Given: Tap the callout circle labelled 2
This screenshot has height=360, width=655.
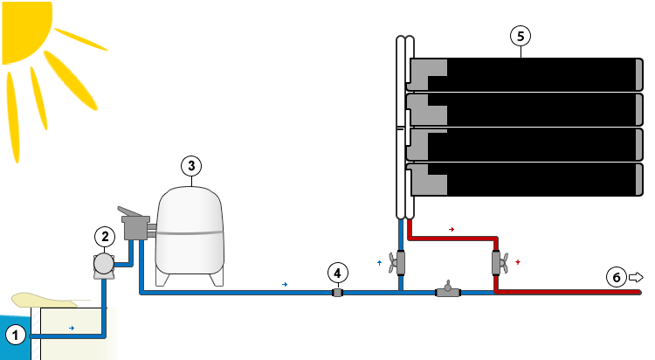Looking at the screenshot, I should click(104, 236).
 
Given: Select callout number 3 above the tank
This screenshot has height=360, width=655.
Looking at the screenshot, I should click(192, 165).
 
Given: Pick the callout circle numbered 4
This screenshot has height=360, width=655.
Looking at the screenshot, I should click(337, 271).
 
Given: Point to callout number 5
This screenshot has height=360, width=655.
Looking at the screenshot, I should click(521, 36).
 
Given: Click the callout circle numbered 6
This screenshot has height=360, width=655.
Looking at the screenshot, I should click(617, 278).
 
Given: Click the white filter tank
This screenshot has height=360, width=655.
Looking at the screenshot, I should click(188, 232).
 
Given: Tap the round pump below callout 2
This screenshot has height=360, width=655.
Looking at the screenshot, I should click(104, 263).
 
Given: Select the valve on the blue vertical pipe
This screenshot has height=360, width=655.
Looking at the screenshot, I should click(400, 261).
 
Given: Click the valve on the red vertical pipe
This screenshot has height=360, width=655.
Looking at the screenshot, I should click(499, 262).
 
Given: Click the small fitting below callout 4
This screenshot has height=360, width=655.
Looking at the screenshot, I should click(337, 293).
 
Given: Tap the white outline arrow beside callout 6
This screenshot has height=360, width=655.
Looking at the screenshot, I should click(636, 277).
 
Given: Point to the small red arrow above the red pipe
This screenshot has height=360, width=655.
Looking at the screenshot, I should click(452, 229).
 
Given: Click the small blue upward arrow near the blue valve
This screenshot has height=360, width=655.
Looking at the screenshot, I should click(379, 261).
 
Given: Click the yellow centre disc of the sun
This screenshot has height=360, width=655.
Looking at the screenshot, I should click(22, 22).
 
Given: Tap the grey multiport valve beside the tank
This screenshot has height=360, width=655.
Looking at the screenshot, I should click(136, 228).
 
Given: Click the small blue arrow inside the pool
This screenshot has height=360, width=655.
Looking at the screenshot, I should click(71, 329).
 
